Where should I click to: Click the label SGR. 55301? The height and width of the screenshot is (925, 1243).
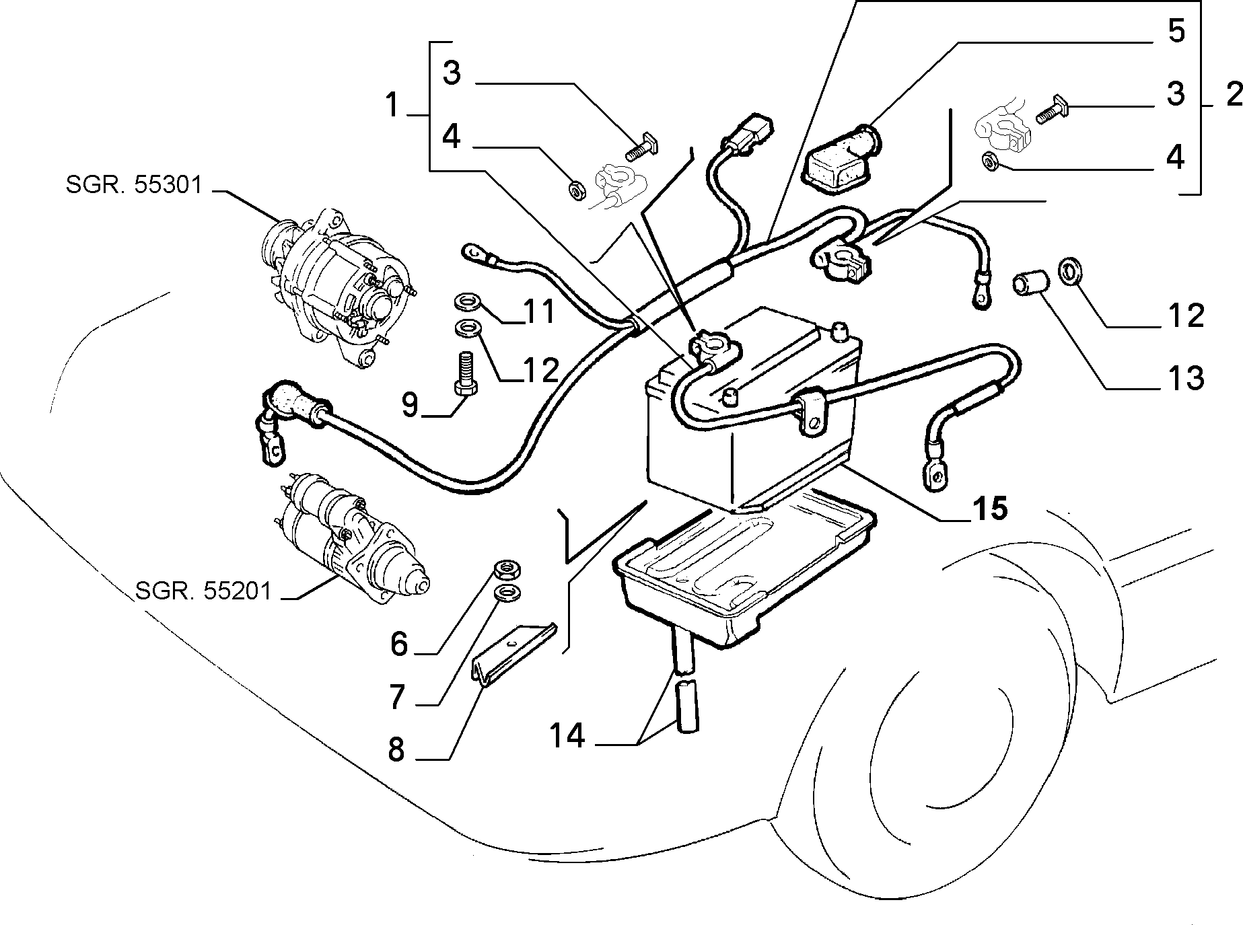134,184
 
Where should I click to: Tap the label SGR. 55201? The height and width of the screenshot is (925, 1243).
203,591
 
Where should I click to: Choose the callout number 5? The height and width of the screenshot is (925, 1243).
1175,31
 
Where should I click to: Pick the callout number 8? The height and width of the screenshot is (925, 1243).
396,749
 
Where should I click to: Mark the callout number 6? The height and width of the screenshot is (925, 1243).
399,644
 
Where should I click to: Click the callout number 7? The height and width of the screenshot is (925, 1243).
397,697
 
